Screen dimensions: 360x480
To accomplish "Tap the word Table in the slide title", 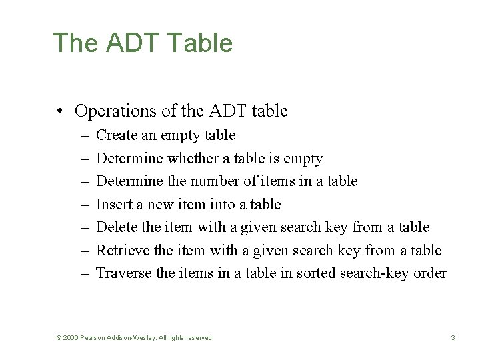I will click(201, 43).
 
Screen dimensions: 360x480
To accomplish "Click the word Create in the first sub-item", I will click(117, 135).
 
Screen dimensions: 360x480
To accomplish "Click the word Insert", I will click(113, 204).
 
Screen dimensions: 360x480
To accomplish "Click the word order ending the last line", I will click(430, 273).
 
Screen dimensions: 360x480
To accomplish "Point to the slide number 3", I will click(453, 338).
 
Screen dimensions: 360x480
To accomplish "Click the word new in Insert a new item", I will click(161, 204).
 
